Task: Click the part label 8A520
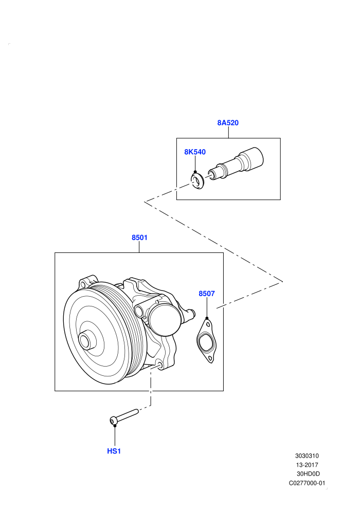point(228,123)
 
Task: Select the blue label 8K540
point(195,152)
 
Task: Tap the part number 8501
point(139,238)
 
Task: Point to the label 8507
point(207,294)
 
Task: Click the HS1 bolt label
point(114,451)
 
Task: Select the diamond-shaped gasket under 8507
point(206,341)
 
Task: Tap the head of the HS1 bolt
point(113,421)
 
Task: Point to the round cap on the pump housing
point(166,319)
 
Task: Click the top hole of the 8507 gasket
point(208,323)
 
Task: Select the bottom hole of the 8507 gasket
point(210,359)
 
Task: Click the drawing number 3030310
point(307,456)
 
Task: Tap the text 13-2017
point(307,465)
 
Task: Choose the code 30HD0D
point(308,474)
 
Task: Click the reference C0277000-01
point(307,483)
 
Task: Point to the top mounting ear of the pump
point(87,282)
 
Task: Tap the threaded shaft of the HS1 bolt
point(127,415)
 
